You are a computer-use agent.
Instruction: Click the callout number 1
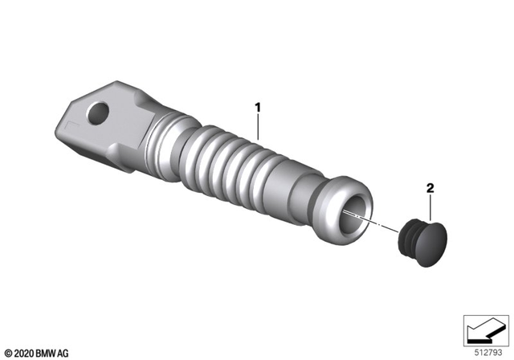click(x=258, y=106)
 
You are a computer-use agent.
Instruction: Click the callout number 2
click(x=430, y=190)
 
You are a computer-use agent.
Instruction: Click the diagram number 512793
click(x=487, y=350)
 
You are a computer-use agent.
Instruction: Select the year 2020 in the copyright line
click(x=24, y=351)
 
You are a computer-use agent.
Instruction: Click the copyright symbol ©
click(x=7, y=351)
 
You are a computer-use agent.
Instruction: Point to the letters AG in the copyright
click(x=67, y=351)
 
